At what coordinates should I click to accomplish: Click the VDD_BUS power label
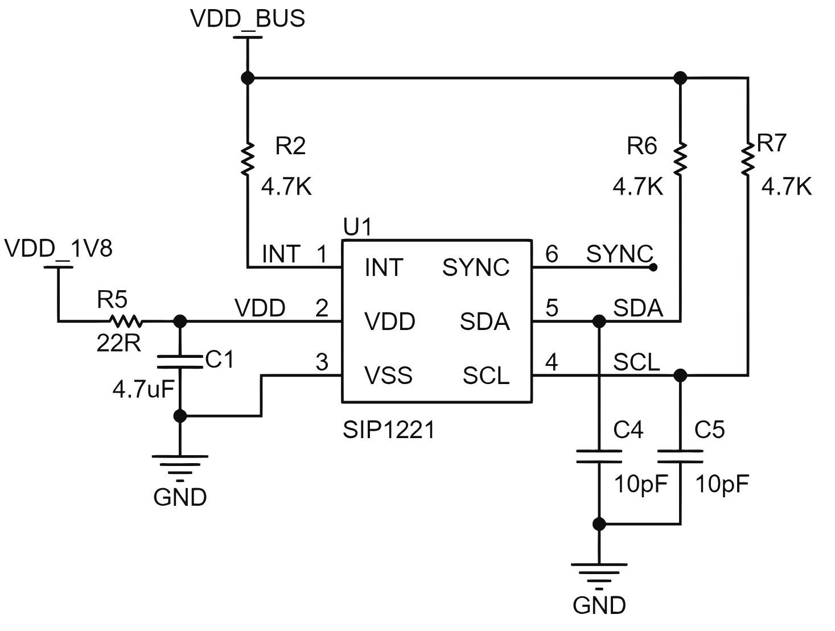click(247, 18)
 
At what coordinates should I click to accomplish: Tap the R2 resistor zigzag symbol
click(248, 159)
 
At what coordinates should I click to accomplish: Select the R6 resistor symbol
click(680, 159)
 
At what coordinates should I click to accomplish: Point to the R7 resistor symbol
click(748, 159)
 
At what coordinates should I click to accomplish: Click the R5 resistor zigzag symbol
click(126, 321)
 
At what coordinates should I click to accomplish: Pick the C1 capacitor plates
click(180, 361)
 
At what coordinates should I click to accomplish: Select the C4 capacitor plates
click(599, 456)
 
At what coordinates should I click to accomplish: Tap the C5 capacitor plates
click(680, 456)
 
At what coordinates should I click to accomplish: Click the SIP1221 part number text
click(388, 430)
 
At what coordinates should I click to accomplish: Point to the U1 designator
click(357, 227)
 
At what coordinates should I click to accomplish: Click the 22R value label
click(119, 343)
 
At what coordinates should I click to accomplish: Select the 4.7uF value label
click(143, 389)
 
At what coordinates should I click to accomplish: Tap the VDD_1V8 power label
click(58, 249)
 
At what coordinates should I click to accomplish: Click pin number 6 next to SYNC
click(552, 254)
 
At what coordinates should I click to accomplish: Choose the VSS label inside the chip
click(388, 375)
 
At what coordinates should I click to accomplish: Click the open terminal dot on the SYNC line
click(653, 267)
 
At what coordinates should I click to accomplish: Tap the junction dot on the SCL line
click(680, 376)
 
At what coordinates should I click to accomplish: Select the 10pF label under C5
click(722, 484)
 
